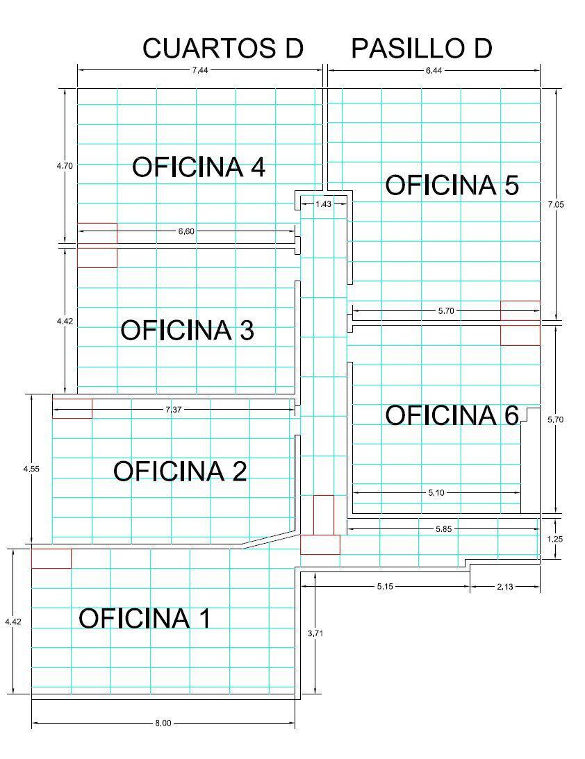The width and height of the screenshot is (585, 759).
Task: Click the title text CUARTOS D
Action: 223,49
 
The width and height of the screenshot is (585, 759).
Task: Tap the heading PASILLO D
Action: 421,49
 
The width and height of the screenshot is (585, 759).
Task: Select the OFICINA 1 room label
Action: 145,618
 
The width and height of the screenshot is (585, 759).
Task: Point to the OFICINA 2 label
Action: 180,471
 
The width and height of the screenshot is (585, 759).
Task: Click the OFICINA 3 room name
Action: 187,330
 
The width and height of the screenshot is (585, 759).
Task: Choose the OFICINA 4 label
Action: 199,167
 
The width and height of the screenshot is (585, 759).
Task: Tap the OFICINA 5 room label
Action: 452,185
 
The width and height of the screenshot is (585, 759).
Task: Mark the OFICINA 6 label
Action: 452,415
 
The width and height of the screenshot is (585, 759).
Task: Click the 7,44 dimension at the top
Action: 200,70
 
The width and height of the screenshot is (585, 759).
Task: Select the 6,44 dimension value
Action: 434,71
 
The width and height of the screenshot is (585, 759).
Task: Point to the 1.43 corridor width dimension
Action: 324,203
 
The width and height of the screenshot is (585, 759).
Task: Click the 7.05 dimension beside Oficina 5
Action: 556,204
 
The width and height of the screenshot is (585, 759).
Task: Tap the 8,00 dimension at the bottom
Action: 163,723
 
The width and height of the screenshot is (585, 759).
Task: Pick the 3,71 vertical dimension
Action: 315,633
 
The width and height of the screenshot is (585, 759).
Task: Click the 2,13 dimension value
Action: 504,586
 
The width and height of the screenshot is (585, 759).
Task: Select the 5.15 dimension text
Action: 385,586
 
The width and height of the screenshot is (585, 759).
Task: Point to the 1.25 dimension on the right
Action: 555,539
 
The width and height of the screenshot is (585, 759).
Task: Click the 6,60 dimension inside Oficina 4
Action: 186,231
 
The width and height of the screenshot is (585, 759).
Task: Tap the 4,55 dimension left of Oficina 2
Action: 31,469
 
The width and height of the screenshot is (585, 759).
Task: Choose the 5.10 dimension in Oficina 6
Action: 436,493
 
